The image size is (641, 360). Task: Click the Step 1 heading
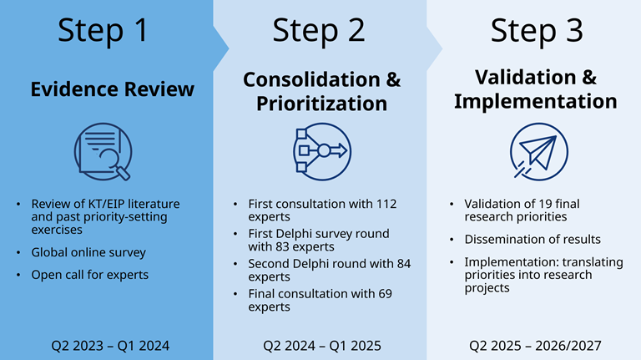click(x=103, y=31)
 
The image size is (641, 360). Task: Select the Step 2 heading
click(x=319, y=31)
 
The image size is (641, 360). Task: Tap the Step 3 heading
click(x=536, y=31)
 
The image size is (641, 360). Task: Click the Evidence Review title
click(x=113, y=89)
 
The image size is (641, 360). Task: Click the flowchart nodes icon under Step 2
click(x=320, y=151)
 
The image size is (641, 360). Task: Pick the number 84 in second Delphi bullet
click(x=403, y=264)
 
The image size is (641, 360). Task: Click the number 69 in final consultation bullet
click(x=384, y=293)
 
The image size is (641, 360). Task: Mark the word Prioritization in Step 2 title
click(x=321, y=104)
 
